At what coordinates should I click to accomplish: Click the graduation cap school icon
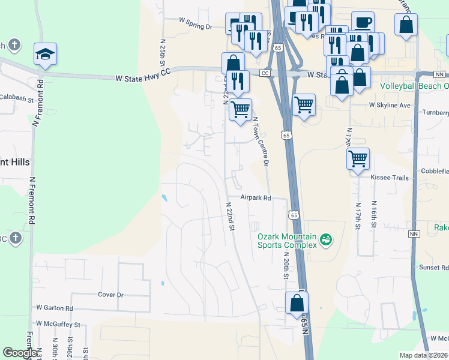45,54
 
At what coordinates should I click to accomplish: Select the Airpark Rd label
256,197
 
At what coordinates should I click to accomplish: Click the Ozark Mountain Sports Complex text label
287,241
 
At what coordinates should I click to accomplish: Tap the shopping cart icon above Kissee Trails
358,159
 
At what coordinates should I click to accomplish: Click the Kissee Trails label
390,178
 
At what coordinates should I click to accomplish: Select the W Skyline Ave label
390,105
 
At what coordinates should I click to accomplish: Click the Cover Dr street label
110,295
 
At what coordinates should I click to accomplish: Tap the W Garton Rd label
55,308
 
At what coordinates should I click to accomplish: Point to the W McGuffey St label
58,324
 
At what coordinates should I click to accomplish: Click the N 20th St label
285,264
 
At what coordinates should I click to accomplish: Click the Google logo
20,353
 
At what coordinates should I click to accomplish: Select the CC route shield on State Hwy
265,73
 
